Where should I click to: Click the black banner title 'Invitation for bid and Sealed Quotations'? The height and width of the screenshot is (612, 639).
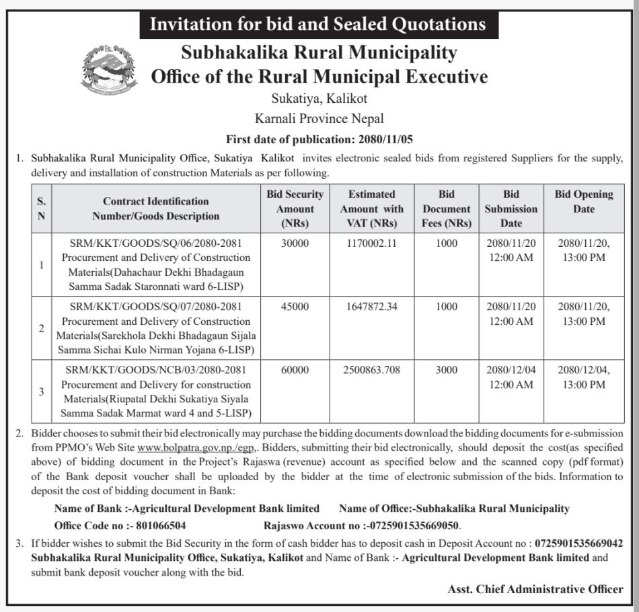coord(317,25)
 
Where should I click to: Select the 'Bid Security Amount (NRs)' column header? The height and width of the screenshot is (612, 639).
coord(295,208)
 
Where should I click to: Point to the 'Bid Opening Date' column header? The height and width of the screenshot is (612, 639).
coord(583,201)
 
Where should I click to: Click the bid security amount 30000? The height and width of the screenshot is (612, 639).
coord(295,243)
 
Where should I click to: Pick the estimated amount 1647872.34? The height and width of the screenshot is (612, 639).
coord(371,306)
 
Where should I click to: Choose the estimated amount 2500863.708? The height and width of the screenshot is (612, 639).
coord(371,370)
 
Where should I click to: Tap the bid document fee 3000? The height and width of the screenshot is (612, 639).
coord(446,370)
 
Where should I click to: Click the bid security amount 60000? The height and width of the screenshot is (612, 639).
coord(295,370)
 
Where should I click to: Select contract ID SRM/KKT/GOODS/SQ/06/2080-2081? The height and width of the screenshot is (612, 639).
coord(156,243)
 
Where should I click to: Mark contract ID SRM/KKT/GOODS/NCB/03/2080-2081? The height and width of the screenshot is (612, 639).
coord(156,370)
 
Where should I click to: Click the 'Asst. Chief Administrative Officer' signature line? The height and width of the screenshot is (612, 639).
coord(535,589)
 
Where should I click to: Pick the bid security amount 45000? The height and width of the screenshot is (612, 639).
coord(295,306)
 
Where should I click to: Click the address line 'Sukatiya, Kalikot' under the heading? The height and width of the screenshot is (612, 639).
coord(319,99)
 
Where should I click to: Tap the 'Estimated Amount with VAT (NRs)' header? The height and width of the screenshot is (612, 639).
coord(371,208)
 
